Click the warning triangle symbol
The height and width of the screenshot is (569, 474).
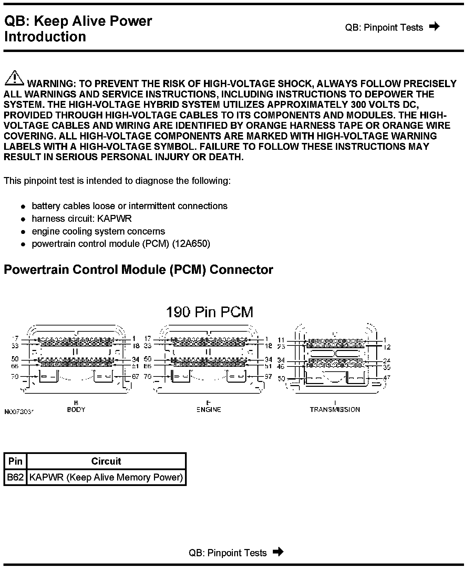[x=14, y=78]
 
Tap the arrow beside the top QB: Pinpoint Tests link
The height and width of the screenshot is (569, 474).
[x=435, y=27]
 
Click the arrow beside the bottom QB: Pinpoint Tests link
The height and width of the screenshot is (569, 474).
[x=278, y=552]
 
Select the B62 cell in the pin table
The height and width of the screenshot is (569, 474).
[x=15, y=477]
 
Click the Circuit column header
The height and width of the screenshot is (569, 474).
[x=106, y=461]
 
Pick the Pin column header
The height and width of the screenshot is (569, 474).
[x=15, y=461]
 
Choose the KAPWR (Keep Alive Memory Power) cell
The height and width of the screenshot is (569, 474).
[x=106, y=477]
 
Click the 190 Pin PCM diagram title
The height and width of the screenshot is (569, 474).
[x=209, y=312]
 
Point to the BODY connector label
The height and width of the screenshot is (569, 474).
[x=76, y=410]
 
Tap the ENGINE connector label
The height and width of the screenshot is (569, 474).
[x=209, y=410]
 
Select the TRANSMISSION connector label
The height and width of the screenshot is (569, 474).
[x=335, y=410]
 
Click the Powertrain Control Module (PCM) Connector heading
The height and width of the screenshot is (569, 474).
[x=138, y=269]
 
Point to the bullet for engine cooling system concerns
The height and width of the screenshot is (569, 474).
[x=23, y=232]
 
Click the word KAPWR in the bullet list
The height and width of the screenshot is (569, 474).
[x=114, y=219]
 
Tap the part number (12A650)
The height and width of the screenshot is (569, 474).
[x=191, y=244]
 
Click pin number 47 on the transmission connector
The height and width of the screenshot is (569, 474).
[x=387, y=378]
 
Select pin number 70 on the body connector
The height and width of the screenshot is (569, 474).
[x=15, y=376]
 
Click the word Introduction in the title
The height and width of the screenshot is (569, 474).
[x=45, y=37]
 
